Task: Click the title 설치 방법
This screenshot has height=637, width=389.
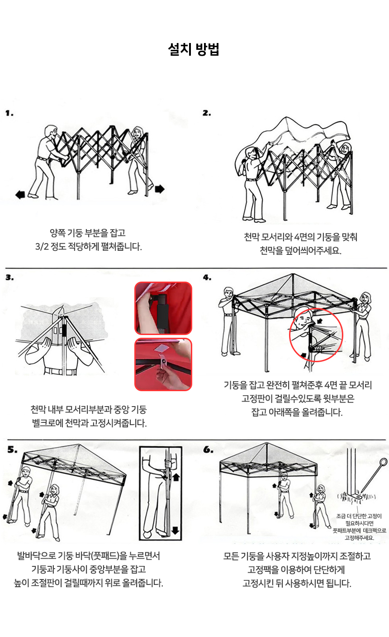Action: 194,49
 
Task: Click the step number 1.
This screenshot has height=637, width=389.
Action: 9,113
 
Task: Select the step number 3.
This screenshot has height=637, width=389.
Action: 9,277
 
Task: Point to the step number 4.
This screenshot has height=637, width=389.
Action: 207,277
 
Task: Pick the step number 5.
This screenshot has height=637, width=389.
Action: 13,449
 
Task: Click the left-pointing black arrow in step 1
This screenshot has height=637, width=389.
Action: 20,195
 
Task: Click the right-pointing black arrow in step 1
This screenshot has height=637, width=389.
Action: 160,189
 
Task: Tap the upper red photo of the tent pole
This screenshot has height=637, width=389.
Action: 163,308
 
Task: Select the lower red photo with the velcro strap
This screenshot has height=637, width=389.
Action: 163,364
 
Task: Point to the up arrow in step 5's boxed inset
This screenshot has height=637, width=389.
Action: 176,477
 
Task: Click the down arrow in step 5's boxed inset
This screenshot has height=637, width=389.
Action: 176,530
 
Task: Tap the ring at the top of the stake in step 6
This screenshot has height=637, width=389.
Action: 384,462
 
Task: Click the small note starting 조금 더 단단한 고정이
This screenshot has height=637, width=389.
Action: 360,527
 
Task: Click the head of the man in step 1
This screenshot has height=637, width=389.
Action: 51,132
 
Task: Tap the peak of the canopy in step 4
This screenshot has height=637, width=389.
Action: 294,274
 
